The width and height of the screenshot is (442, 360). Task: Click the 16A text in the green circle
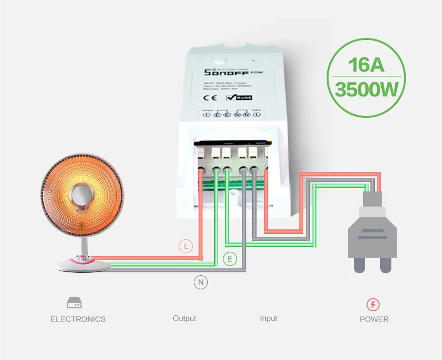(x=367, y=65)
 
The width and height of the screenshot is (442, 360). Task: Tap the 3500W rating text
(x=367, y=90)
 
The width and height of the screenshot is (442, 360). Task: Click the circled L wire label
(x=185, y=246)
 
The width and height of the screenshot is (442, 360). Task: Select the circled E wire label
(x=230, y=259)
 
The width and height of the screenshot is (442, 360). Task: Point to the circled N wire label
(x=201, y=282)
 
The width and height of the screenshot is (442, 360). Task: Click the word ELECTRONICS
(x=78, y=319)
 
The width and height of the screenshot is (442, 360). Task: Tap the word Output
(x=184, y=318)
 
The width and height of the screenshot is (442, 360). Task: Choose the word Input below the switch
(x=268, y=318)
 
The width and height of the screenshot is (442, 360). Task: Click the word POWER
(x=374, y=319)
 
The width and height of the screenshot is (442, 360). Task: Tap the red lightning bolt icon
(x=373, y=305)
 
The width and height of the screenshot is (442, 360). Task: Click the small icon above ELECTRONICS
(x=74, y=303)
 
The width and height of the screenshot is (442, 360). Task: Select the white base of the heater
(x=82, y=265)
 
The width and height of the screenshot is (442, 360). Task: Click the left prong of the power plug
(x=360, y=265)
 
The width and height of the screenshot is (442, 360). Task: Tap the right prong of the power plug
(x=386, y=265)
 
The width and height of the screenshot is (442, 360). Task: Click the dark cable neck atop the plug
(x=373, y=199)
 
